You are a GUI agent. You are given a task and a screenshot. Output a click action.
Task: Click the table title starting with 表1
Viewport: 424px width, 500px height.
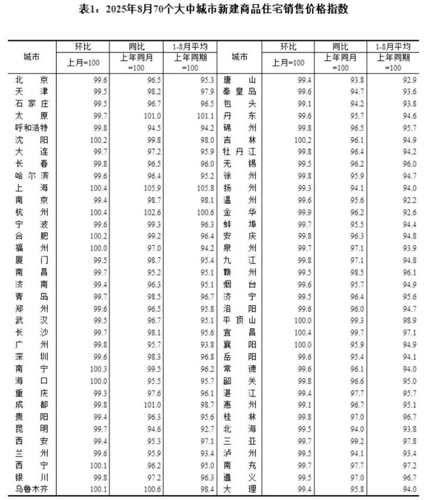213,9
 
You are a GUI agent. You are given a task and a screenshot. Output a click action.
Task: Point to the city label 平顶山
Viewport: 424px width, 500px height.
240,320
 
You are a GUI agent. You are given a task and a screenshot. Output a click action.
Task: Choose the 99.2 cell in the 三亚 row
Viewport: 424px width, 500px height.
352,441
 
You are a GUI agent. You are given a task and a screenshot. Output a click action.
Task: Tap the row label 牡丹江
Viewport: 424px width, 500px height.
240,151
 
